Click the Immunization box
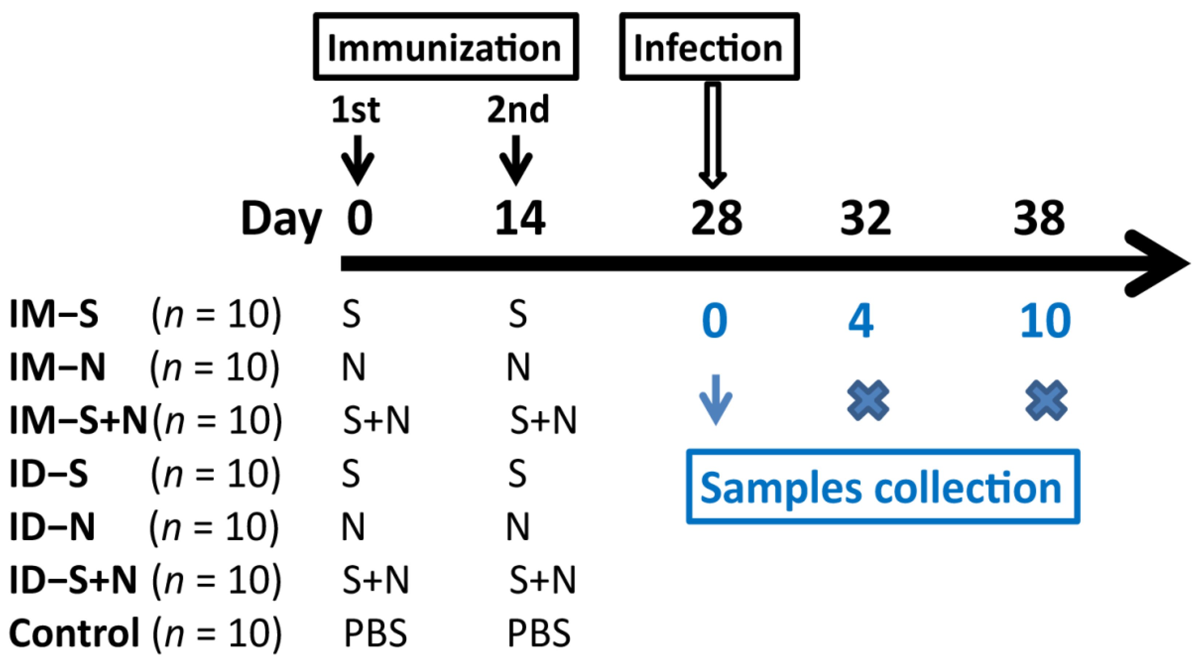(x=446, y=47)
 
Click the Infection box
(x=709, y=47)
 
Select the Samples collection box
(x=882, y=487)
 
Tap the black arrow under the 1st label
(x=358, y=160)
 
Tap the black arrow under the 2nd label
(x=516, y=160)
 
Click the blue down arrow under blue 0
(x=715, y=400)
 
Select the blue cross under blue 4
(x=868, y=400)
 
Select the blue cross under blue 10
(x=1046, y=400)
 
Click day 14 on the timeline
(x=520, y=219)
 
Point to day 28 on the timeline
(x=716, y=219)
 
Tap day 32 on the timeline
(x=866, y=219)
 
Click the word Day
(x=281, y=219)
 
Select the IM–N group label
(x=58, y=367)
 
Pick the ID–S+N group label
(x=73, y=579)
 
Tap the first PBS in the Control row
(x=375, y=633)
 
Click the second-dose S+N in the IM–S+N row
(x=544, y=420)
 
